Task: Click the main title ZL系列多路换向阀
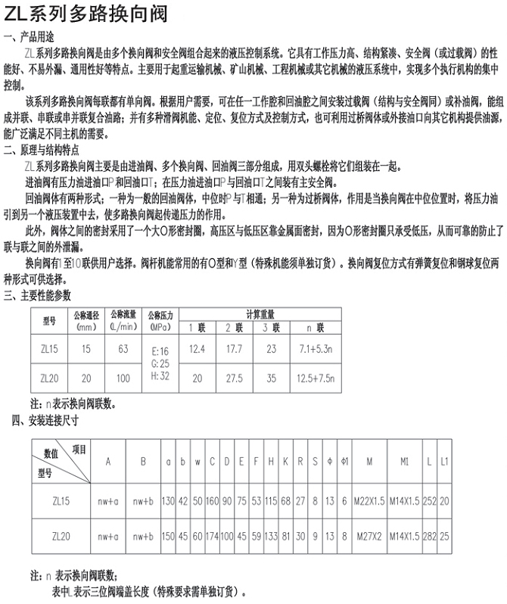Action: pos(86,14)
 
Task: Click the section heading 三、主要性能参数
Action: pos(41,296)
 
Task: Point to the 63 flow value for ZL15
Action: pos(123,350)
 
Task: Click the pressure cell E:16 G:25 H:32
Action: pos(160,363)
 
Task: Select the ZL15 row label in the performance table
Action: pos(49,350)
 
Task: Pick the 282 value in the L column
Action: pos(431,537)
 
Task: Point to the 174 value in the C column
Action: pos(212,537)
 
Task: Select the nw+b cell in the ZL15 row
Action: pos(142,501)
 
